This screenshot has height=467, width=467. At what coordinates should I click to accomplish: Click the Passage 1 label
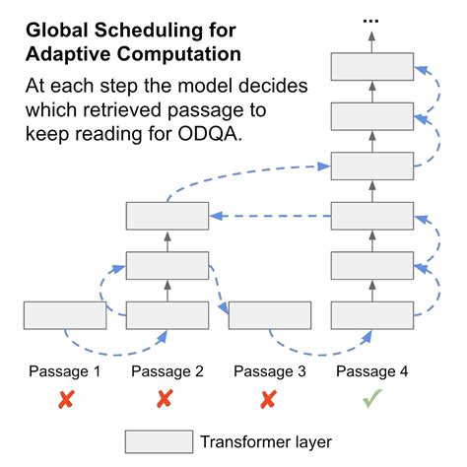(x=64, y=371)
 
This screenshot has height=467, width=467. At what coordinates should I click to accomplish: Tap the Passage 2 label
(x=167, y=371)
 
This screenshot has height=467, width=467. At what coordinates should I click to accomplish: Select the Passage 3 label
(x=269, y=371)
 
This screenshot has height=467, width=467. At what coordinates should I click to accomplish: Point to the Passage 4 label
(x=371, y=371)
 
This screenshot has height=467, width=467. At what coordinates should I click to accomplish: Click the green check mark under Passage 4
(x=370, y=401)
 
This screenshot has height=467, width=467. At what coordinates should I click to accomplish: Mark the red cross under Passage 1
(x=64, y=401)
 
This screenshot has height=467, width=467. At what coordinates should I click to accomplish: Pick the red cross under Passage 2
(x=167, y=401)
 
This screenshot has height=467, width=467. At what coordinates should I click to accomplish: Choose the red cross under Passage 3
(x=269, y=401)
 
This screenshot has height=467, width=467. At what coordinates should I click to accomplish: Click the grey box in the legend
(x=158, y=441)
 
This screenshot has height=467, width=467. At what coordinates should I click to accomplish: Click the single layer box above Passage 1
(x=64, y=315)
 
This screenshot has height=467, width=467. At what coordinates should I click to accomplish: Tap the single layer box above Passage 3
(x=269, y=315)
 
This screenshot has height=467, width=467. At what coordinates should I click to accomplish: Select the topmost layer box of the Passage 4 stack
(x=371, y=67)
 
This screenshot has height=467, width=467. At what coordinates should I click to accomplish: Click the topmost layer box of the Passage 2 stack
(x=167, y=216)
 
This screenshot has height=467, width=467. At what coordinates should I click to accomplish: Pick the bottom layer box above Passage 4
(x=371, y=315)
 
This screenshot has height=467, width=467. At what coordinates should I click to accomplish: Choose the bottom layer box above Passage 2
(x=167, y=315)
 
